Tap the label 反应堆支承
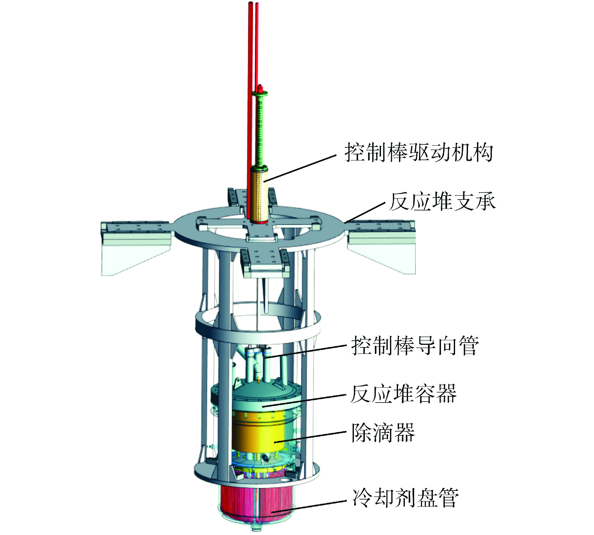pos(442,201)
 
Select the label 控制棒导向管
pos(415,345)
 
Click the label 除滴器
pos(383,432)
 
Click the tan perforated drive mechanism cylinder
pos(259,195)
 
